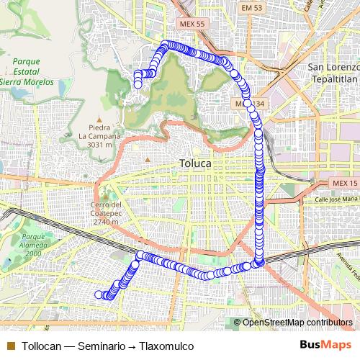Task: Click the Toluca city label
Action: pos(194,164)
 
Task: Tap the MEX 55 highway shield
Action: pos(192,24)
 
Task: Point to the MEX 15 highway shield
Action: pos(339,184)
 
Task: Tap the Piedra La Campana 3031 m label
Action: pos(100,135)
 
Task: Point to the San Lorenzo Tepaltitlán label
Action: pos(333,73)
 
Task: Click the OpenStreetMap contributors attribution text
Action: pos(297,323)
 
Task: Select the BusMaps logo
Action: pos(326,346)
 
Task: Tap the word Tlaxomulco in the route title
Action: pos(166,346)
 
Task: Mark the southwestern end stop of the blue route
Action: pos(99,294)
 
